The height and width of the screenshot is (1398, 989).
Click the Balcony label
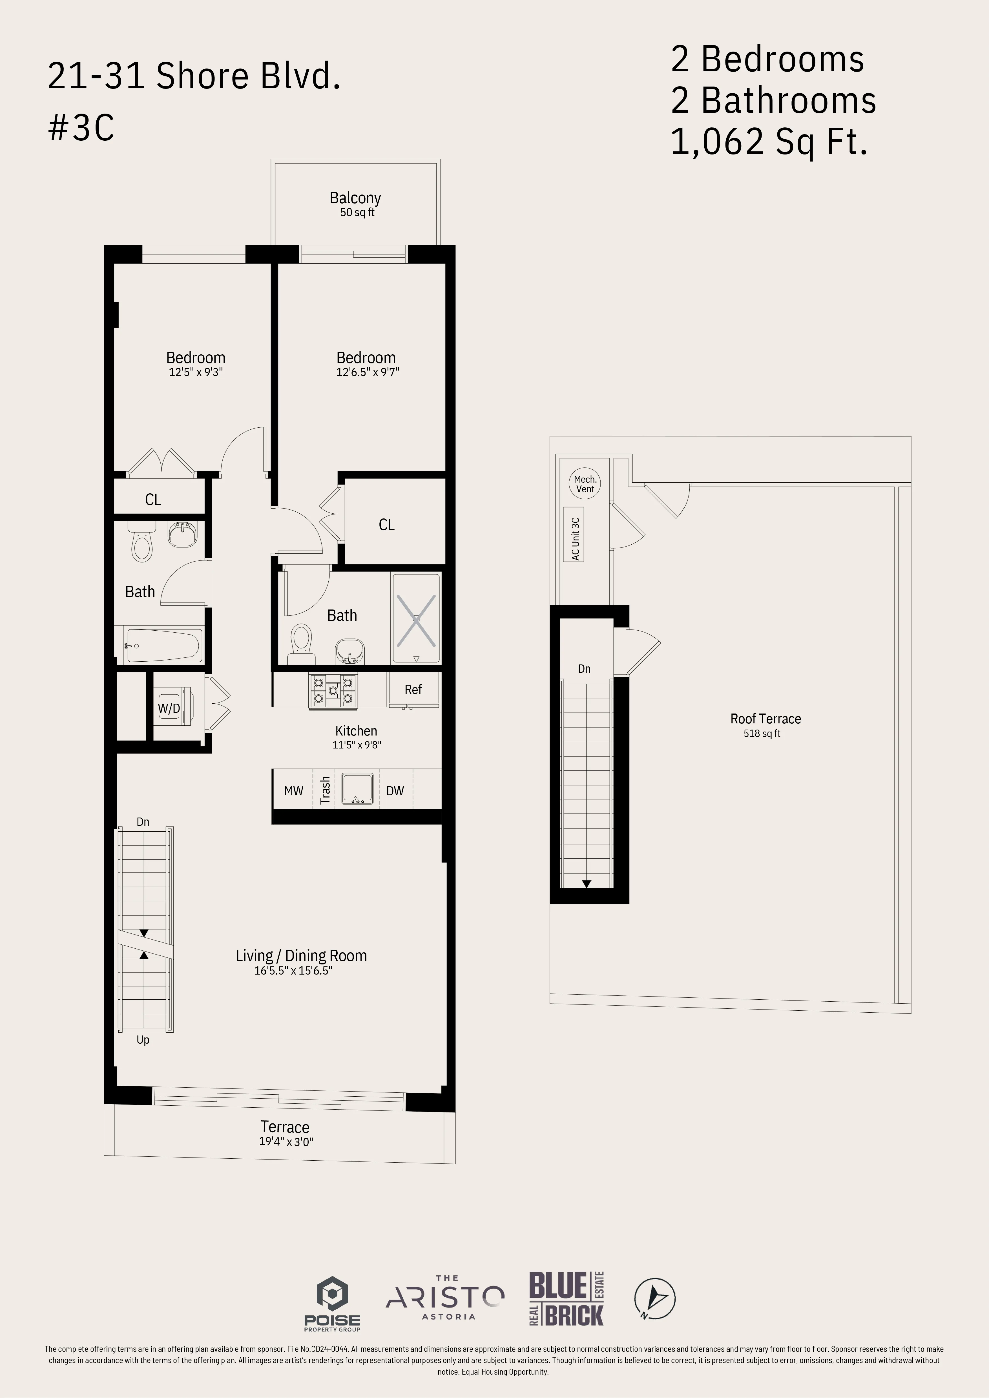(x=355, y=198)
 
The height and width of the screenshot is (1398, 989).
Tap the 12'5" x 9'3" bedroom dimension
(x=196, y=372)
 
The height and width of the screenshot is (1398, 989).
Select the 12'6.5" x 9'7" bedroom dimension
(x=367, y=372)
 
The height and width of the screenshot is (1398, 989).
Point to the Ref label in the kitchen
(x=413, y=690)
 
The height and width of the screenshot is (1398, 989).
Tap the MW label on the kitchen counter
(x=293, y=791)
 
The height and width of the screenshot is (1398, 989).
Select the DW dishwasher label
(x=395, y=791)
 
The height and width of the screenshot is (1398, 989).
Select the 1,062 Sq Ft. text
(x=769, y=142)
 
